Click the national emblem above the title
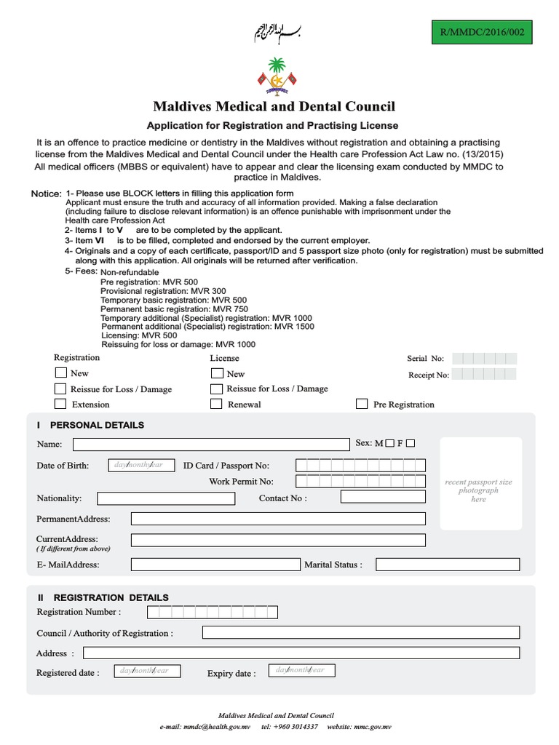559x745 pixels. (276, 76)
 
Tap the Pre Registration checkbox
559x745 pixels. (362, 404)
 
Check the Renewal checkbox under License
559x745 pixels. (216, 404)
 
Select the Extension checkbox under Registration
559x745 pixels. (60, 404)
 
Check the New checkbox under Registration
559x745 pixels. (60, 372)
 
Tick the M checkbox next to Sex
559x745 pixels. (390, 443)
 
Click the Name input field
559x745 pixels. (211, 445)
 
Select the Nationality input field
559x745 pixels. (166, 498)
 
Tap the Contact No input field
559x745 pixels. (383, 498)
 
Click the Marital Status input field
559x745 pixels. (448, 565)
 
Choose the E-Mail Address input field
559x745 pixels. (215, 565)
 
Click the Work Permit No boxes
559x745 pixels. (361, 481)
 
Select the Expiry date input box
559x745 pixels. (301, 671)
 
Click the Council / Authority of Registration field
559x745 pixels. (361, 632)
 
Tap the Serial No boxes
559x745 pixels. (484, 358)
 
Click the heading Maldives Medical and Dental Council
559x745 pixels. (274, 106)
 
